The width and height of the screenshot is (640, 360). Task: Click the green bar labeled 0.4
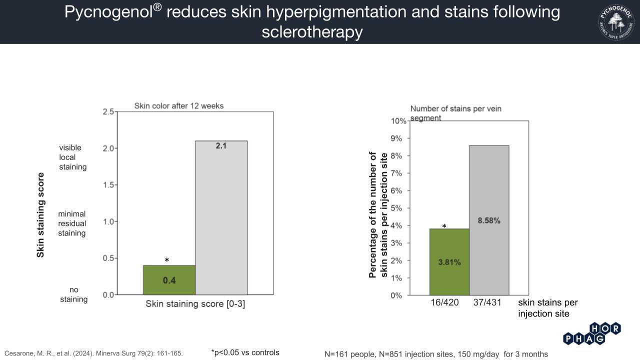[169, 280]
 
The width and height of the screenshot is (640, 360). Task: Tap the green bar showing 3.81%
[449, 262]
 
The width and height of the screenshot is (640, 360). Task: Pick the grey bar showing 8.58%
[489, 220]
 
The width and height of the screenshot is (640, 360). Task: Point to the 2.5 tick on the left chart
[108, 111]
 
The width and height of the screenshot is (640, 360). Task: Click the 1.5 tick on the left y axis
[108, 185]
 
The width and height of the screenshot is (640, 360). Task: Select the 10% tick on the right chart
[398, 121]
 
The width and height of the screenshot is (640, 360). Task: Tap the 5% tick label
[396, 208]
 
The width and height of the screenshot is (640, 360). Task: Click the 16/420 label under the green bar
[444, 302]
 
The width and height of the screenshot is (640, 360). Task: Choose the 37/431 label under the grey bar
[487, 302]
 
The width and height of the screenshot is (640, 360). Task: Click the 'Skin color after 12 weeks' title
[179, 106]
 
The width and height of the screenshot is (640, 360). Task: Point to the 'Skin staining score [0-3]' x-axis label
[195, 304]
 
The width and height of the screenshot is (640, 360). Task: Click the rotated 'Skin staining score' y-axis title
[40, 215]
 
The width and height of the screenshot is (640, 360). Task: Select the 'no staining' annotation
[74, 294]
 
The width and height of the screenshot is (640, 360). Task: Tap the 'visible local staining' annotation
[72, 157]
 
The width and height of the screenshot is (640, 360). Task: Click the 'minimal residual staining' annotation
[72, 223]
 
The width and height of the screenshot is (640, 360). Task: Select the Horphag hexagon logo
[592, 334]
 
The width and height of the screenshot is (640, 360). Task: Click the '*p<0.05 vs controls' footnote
[245, 352]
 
